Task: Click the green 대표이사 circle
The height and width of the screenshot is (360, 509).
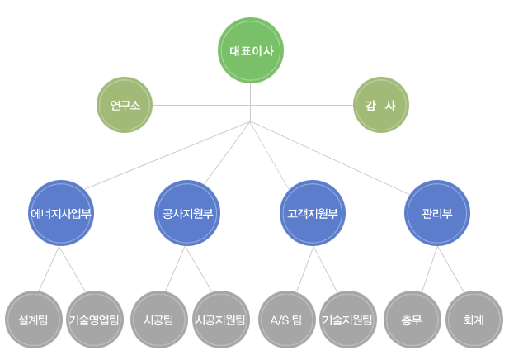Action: [251, 51]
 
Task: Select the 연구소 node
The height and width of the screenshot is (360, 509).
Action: [125, 105]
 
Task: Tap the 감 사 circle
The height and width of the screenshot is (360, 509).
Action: [380, 105]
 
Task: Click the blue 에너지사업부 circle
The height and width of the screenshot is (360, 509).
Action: [60, 213]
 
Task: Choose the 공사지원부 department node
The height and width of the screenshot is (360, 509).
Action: [187, 213]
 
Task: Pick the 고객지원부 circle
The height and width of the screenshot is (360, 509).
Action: [313, 213]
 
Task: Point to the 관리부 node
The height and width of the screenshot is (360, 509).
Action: [438, 213]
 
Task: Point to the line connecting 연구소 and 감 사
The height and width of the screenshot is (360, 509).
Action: [198, 105]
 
